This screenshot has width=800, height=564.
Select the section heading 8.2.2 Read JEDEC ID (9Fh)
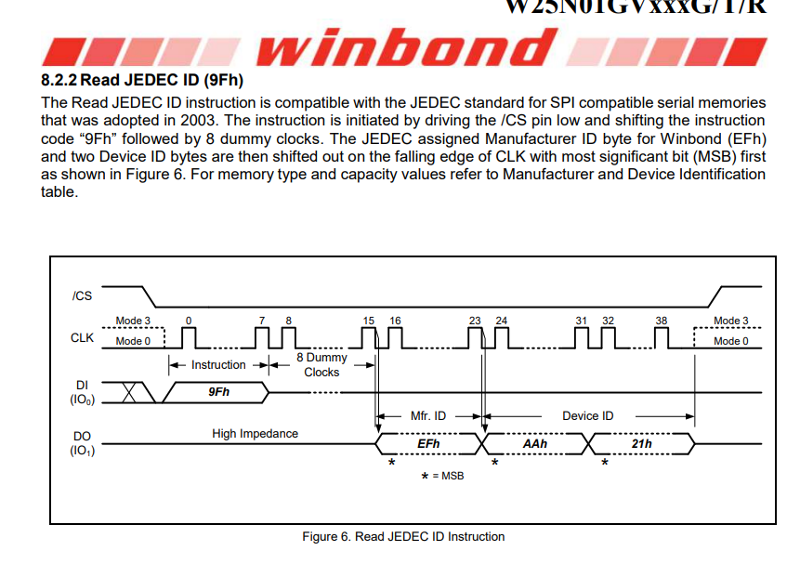tap(142, 82)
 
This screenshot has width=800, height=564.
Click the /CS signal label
tap(82, 296)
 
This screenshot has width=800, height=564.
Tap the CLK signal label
tap(82, 337)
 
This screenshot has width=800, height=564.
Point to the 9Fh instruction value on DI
tap(218, 392)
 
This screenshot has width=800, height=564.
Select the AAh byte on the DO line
tap(535, 444)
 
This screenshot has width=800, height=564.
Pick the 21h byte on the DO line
tap(641, 444)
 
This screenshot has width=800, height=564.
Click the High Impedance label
tap(255, 433)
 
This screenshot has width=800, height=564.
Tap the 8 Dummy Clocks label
tap(321, 364)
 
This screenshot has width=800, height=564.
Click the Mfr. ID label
tap(428, 415)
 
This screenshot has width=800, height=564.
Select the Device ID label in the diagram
tap(587, 415)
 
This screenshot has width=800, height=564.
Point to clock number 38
tap(661, 321)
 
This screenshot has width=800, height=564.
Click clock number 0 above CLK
tap(189, 321)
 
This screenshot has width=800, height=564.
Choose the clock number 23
tap(475, 321)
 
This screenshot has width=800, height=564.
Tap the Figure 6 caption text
tap(403, 536)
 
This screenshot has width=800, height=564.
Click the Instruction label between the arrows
tap(218, 364)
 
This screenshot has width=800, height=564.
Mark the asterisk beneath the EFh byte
tap(391, 462)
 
